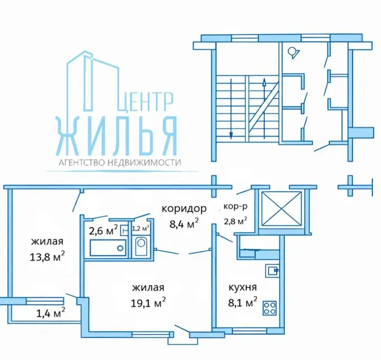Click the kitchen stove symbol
269,308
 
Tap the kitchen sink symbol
272,271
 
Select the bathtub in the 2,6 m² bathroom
108,248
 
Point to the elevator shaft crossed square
281,209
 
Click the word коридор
184,209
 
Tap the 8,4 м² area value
184,223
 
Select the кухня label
243,287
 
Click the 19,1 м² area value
148,302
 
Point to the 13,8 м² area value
47,256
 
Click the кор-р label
235,207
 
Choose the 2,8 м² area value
235,220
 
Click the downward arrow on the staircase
231,109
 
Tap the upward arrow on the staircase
264,109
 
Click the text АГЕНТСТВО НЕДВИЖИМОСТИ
120,162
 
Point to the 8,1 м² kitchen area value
242,302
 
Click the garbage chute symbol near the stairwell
293,53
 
